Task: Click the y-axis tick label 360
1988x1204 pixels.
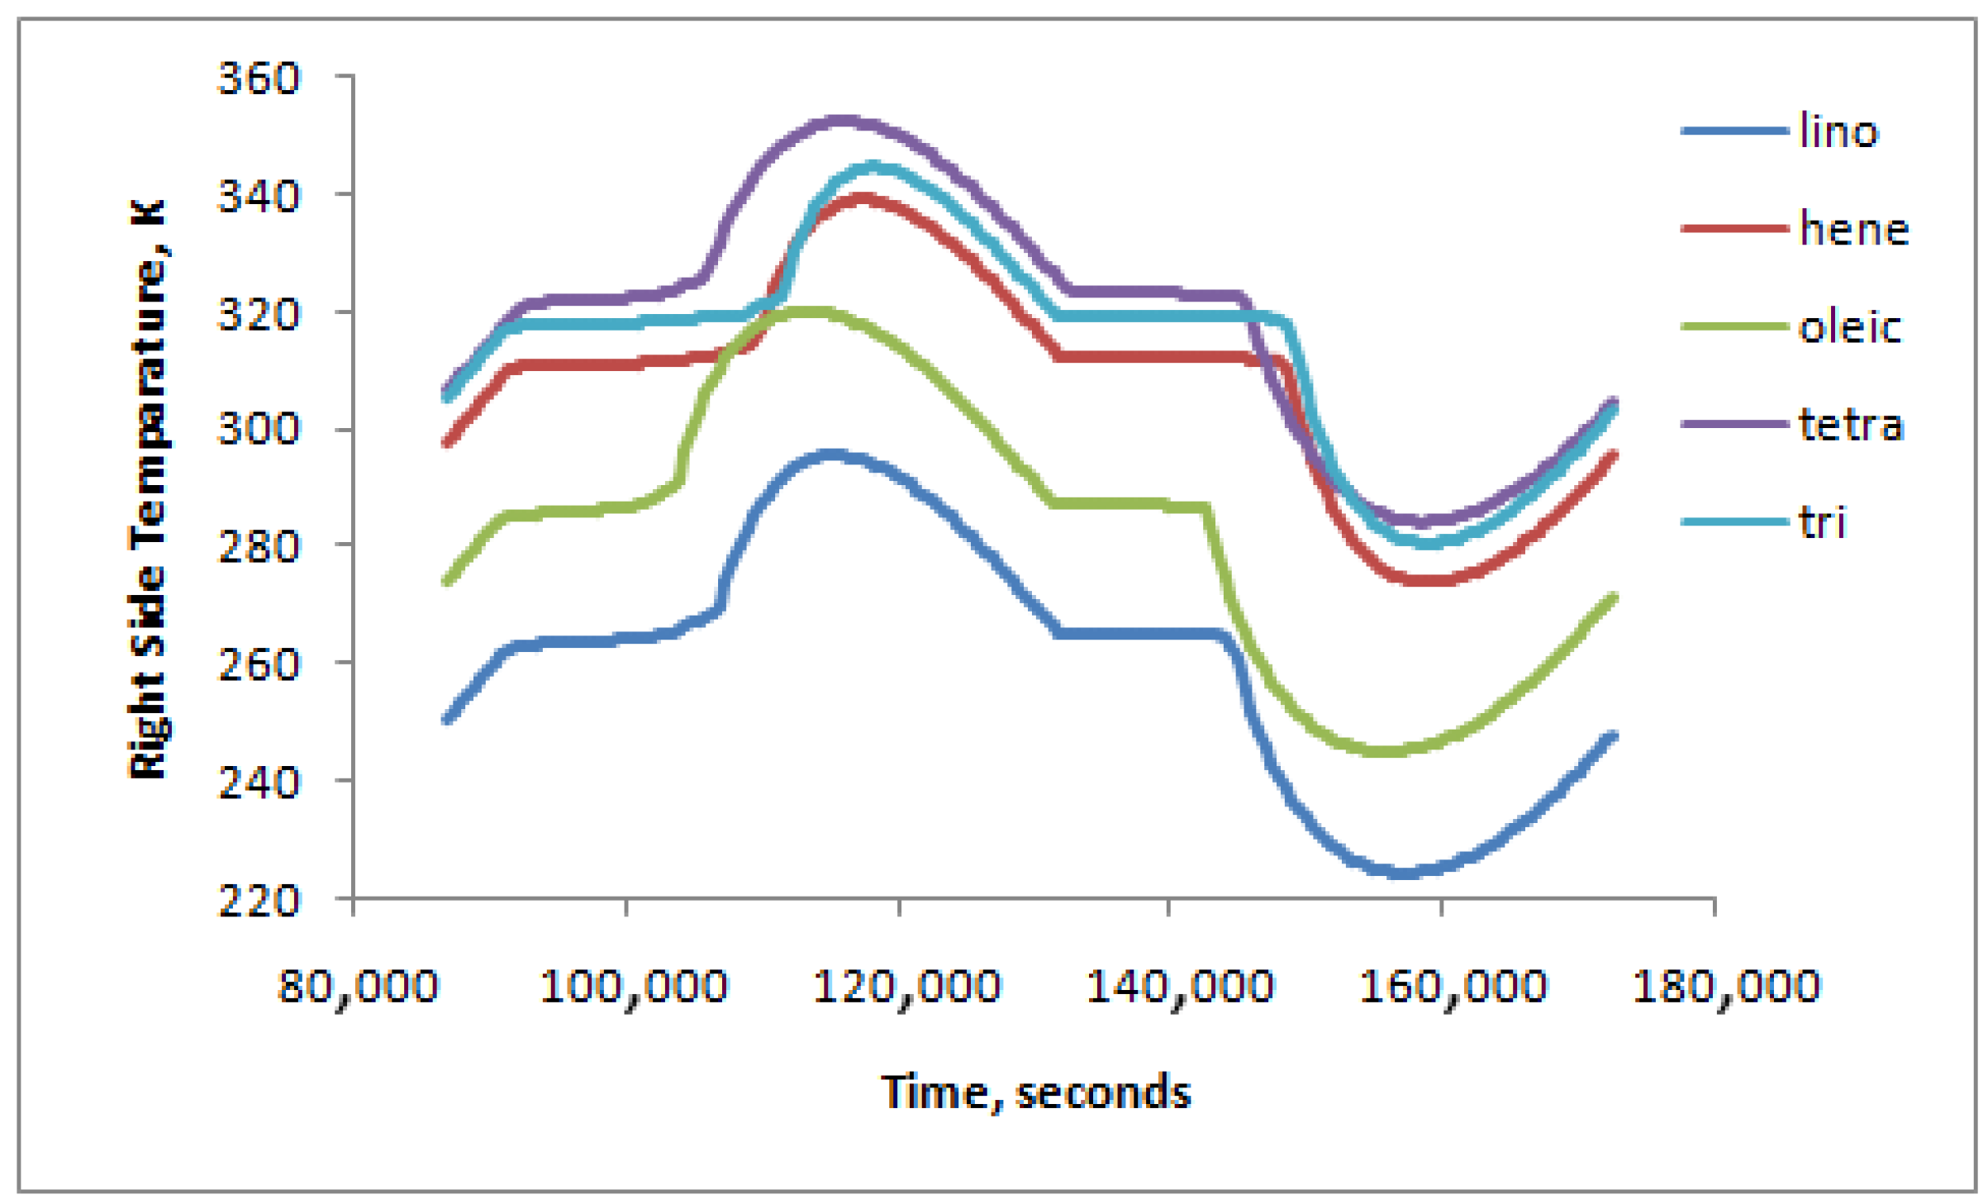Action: (258, 79)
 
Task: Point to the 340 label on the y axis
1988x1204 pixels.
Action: (258, 197)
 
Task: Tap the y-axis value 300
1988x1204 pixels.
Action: (258, 429)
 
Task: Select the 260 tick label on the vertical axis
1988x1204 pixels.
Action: (258, 664)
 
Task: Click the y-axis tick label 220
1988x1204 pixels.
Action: (258, 900)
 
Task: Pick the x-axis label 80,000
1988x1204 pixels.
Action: (357, 986)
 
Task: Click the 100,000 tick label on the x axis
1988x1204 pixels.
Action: (633, 986)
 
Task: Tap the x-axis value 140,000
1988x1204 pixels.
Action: (1179, 986)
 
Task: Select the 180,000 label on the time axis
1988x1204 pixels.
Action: (1726, 986)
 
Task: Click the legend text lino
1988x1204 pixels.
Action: (1838, 132)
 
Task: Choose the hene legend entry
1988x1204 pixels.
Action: (1854, 229)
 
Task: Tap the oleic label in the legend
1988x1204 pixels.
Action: (1850, 327)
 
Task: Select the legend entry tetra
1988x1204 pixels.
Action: (1851, 425)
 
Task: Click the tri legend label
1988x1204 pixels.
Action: (1822, 522)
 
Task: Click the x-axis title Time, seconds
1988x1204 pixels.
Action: (1035, 1092)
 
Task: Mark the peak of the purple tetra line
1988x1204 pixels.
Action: (841, 121)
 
